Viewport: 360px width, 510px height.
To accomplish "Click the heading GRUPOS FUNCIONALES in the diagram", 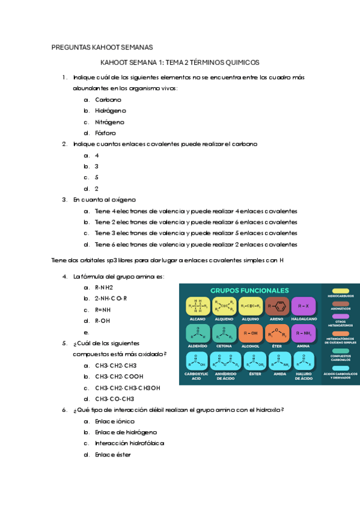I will [249, 290].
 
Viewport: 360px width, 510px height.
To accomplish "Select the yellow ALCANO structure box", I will [197, 306].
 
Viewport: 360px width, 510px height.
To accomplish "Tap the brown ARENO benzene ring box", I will [276, 306].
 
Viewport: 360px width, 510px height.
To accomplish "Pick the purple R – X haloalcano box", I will [303, 306].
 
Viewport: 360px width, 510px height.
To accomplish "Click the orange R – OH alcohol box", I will [250, 333].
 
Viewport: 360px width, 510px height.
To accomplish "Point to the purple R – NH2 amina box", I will [303, 333].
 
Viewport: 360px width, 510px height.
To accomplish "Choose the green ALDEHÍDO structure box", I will [197, 333].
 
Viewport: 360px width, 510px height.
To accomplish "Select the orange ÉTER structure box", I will [276, 333].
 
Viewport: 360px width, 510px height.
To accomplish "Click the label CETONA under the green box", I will [224, 346].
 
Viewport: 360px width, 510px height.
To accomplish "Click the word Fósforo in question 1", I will [105, 133].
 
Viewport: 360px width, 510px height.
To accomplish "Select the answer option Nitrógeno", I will [109, 122].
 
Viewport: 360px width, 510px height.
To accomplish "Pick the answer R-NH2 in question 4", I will [104, 287].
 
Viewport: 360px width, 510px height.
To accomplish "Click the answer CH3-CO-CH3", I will [114, 399].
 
